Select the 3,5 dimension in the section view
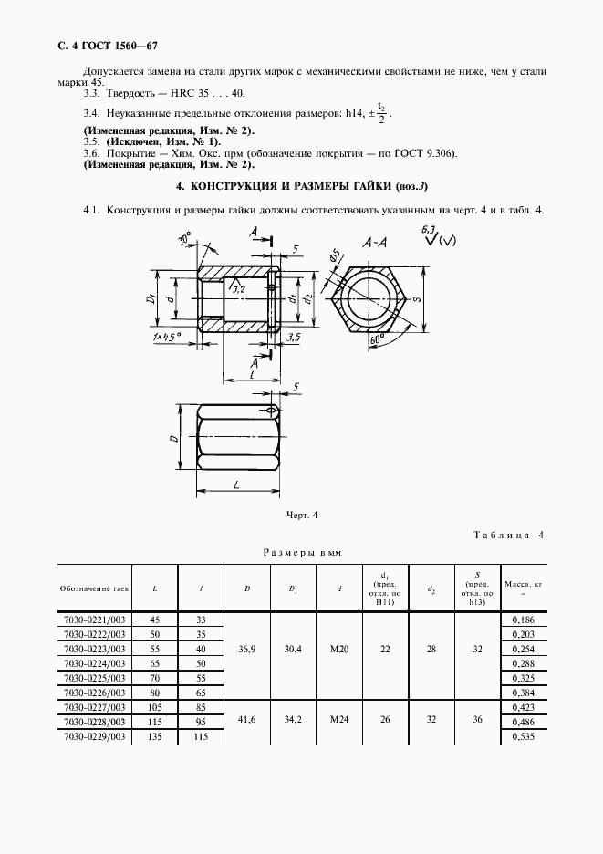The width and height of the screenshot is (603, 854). click(293, 338)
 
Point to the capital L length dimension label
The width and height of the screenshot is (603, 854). click(235, 485)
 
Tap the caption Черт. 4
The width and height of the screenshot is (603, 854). click(301, 516)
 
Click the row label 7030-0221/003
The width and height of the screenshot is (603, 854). click(95, 620)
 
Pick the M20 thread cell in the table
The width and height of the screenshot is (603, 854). click(338, 649)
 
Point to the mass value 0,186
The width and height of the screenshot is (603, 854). click(524, 620)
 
